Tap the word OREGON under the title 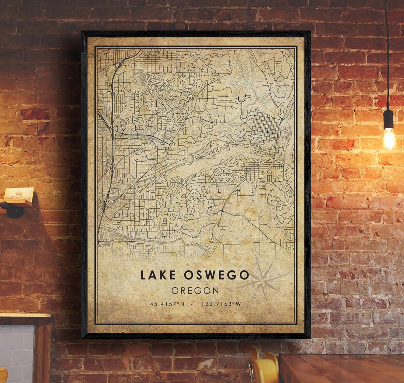195,290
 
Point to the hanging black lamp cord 388,51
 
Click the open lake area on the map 201,163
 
